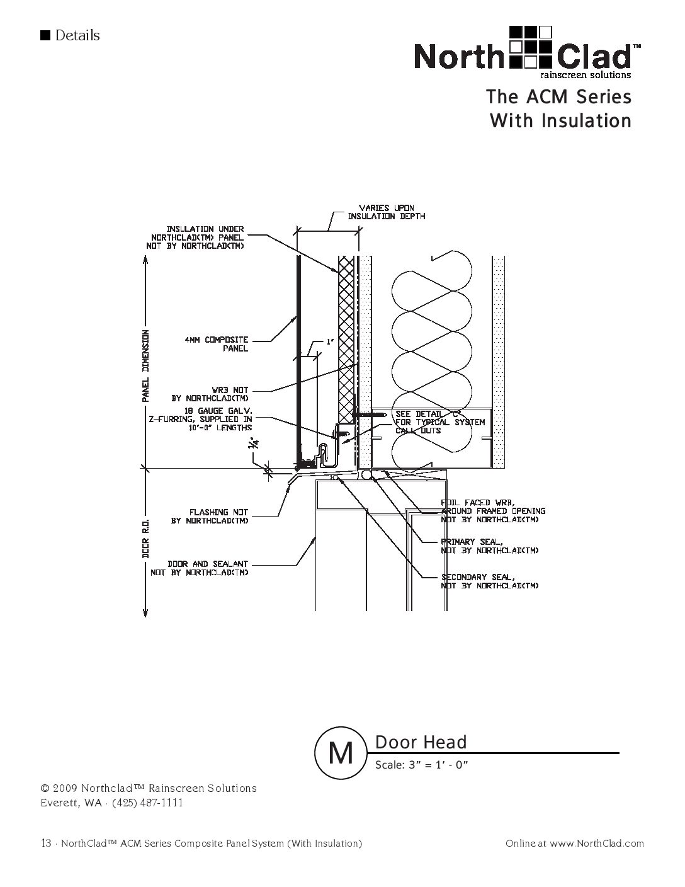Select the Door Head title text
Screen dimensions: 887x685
[x=421, y=742]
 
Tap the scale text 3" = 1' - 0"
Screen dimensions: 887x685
[x=422, y=765]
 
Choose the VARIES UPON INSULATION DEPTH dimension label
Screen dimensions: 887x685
[x=387, y=212]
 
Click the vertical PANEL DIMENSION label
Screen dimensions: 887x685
[x=145, y=366]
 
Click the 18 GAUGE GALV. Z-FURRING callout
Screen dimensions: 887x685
[x=212, y=418]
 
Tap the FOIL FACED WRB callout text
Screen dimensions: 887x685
[x=493, y=511]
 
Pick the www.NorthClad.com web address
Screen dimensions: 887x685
[x=596, y=844]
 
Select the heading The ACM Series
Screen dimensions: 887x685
[x=558, y=97]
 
